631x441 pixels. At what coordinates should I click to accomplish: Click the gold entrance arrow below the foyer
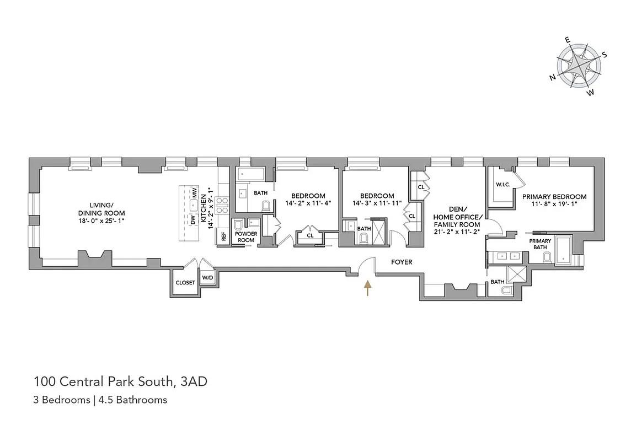367,288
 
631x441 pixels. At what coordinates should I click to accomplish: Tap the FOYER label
402,262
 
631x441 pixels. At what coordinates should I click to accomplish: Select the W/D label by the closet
207,278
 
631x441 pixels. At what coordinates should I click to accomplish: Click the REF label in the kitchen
224,236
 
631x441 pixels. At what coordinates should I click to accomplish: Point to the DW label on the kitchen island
193,220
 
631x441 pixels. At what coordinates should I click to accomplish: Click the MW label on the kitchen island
194,192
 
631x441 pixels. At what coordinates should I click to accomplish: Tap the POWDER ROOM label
246,237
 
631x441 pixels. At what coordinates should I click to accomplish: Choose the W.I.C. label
503,185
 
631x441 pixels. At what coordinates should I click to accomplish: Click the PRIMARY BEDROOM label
554,197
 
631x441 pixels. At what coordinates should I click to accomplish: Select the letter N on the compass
553,78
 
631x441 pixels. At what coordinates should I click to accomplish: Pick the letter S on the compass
604,55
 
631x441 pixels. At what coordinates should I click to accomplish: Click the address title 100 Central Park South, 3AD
121,381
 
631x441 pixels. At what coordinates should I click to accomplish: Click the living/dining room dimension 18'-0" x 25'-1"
101,220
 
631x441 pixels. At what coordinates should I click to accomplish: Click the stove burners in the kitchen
222,205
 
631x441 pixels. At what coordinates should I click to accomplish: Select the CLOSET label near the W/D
185,283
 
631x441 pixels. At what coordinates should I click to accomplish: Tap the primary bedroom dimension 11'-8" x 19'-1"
554,204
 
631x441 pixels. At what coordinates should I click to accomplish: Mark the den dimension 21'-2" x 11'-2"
457,232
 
